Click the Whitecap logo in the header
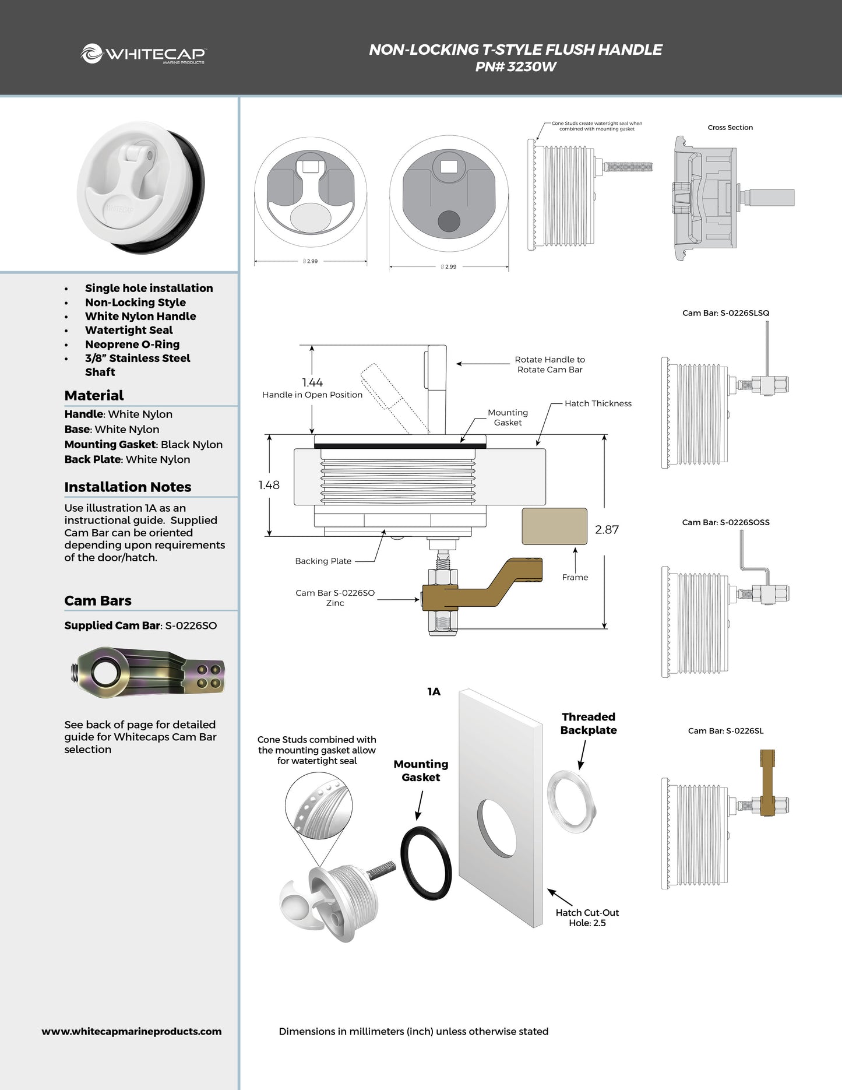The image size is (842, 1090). [x=143, y=54]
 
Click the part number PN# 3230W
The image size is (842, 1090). [x=516, y=66]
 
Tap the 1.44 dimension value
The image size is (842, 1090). [x=312, y=382]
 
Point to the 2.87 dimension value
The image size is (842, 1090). [x=607, y=529]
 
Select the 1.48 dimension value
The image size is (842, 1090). [x=269, y=485]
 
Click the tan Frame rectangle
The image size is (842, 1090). [x=554, y=526]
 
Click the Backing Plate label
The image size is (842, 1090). [x=323, y=561]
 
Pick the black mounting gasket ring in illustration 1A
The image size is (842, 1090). [x=427, y=863]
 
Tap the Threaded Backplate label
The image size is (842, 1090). [x=589, y=723]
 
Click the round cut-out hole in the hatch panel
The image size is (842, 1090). [x=496, y=828]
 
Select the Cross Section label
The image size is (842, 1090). [x=730, y=128]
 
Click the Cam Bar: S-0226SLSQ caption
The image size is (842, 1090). [x=725, y=313]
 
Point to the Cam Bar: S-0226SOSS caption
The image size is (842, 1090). [x=725, y=522]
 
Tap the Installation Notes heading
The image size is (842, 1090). [x=128, y=487]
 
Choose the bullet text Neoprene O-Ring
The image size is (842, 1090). [x=132, y=344]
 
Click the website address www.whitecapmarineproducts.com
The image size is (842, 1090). [x=132, y=1031]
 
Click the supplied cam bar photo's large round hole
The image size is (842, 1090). [x=106, y=673]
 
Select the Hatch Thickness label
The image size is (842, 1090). [x=598, y=403]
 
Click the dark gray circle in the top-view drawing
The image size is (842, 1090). [x=449, y=221]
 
